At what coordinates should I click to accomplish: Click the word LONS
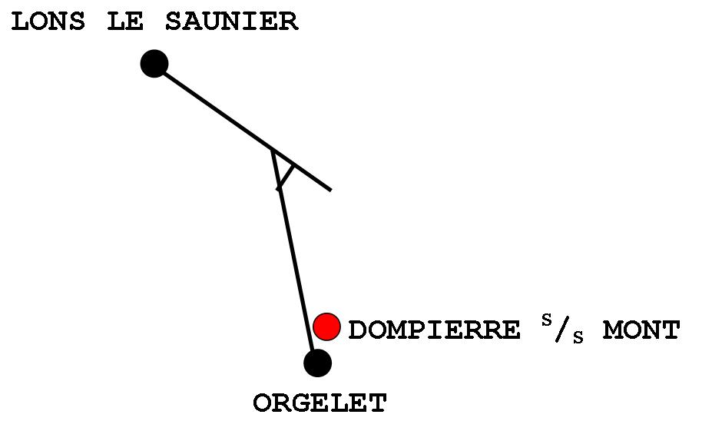48,22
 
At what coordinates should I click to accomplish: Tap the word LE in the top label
124,22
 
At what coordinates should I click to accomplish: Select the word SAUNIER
231,22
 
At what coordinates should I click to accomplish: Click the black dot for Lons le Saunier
154,64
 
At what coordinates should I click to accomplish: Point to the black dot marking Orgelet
317,363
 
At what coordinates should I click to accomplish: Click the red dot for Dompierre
327,327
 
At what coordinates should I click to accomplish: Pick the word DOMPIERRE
434,330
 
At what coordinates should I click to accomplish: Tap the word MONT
641,330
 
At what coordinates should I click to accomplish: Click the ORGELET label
320,403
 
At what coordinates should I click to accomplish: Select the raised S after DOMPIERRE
547,320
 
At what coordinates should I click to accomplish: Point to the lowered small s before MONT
578,339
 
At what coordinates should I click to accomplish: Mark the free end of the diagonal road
330,189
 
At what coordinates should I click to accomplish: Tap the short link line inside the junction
286,176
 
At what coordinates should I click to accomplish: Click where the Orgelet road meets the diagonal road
272,151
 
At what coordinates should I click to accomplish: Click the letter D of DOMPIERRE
358,330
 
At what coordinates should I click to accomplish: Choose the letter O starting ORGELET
263,403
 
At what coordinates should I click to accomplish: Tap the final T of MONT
670,330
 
